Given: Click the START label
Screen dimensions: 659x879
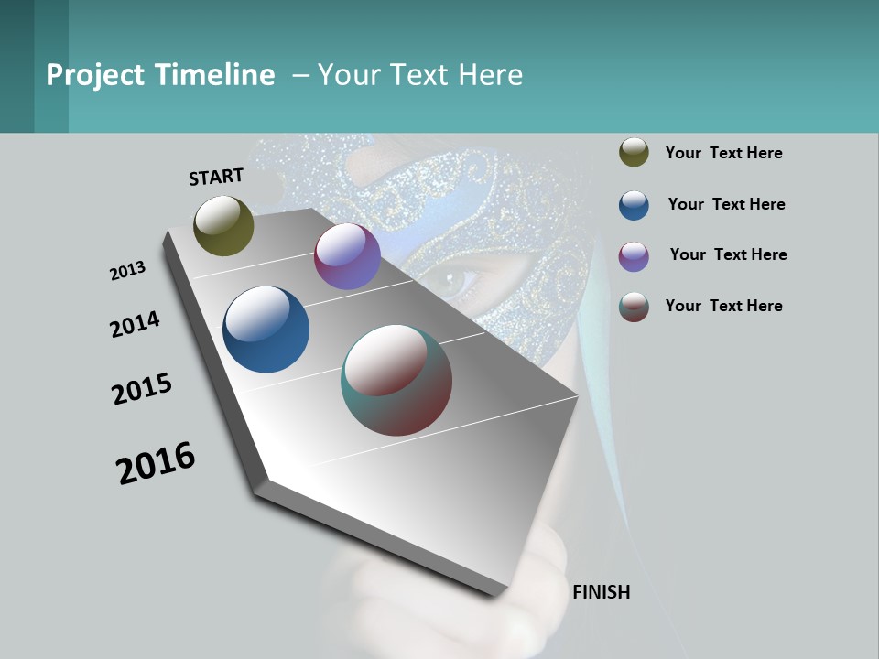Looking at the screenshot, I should (216, 177).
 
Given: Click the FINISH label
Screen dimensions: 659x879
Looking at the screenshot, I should (601, 592).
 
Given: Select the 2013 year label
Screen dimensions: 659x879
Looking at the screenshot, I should (128, 271).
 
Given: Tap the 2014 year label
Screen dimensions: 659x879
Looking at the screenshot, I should (136, 325).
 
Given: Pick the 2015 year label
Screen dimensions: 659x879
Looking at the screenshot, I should (142, 389).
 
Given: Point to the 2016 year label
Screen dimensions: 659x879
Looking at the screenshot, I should (156, 463).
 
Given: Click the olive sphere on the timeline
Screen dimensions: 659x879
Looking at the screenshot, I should (223, 225).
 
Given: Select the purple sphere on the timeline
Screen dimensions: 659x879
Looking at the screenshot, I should (347, 256).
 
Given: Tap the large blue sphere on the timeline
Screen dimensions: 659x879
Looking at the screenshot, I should (266, 329).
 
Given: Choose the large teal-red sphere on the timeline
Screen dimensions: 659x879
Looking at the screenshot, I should (396, 380).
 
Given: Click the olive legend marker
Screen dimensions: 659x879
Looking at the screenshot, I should (634, 152).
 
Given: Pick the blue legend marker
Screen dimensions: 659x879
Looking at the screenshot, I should (634, 205).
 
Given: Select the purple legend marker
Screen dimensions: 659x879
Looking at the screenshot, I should (634, 256).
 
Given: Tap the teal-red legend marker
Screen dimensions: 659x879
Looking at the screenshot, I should (634, 307).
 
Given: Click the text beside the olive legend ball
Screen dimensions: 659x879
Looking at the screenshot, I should (723, 153).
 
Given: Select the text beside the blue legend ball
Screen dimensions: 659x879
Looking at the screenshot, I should (726, 204).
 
